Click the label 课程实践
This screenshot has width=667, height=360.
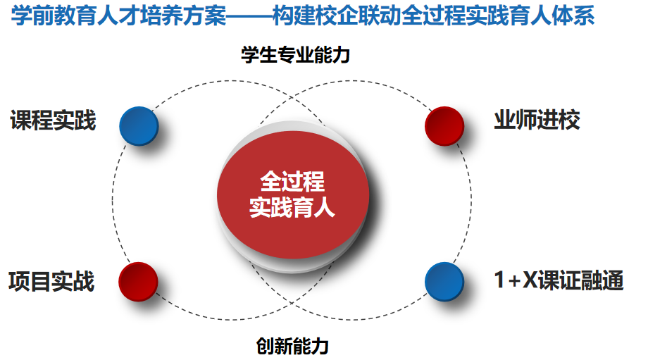click(53, 120)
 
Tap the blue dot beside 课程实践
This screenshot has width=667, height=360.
click(139, 126)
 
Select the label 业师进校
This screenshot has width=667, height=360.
click(537, 120)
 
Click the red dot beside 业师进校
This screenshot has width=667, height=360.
click(444, 126)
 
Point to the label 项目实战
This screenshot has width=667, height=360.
click(51, 281)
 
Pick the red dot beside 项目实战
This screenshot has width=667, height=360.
click(138, 282)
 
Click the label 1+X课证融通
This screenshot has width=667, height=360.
click(559, 280)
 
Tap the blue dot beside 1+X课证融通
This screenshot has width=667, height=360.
click(444, 282)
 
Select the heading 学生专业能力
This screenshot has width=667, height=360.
click(295, 55)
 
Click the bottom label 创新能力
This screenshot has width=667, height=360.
click(292, 346)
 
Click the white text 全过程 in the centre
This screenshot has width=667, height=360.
click(292, 181)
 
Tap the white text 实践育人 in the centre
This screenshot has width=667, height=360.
click(292, 207)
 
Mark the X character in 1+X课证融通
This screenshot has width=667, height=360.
click(530, 280)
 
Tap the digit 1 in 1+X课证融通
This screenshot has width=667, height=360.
click(499, 280)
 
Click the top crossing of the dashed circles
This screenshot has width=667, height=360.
click(292, 98)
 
